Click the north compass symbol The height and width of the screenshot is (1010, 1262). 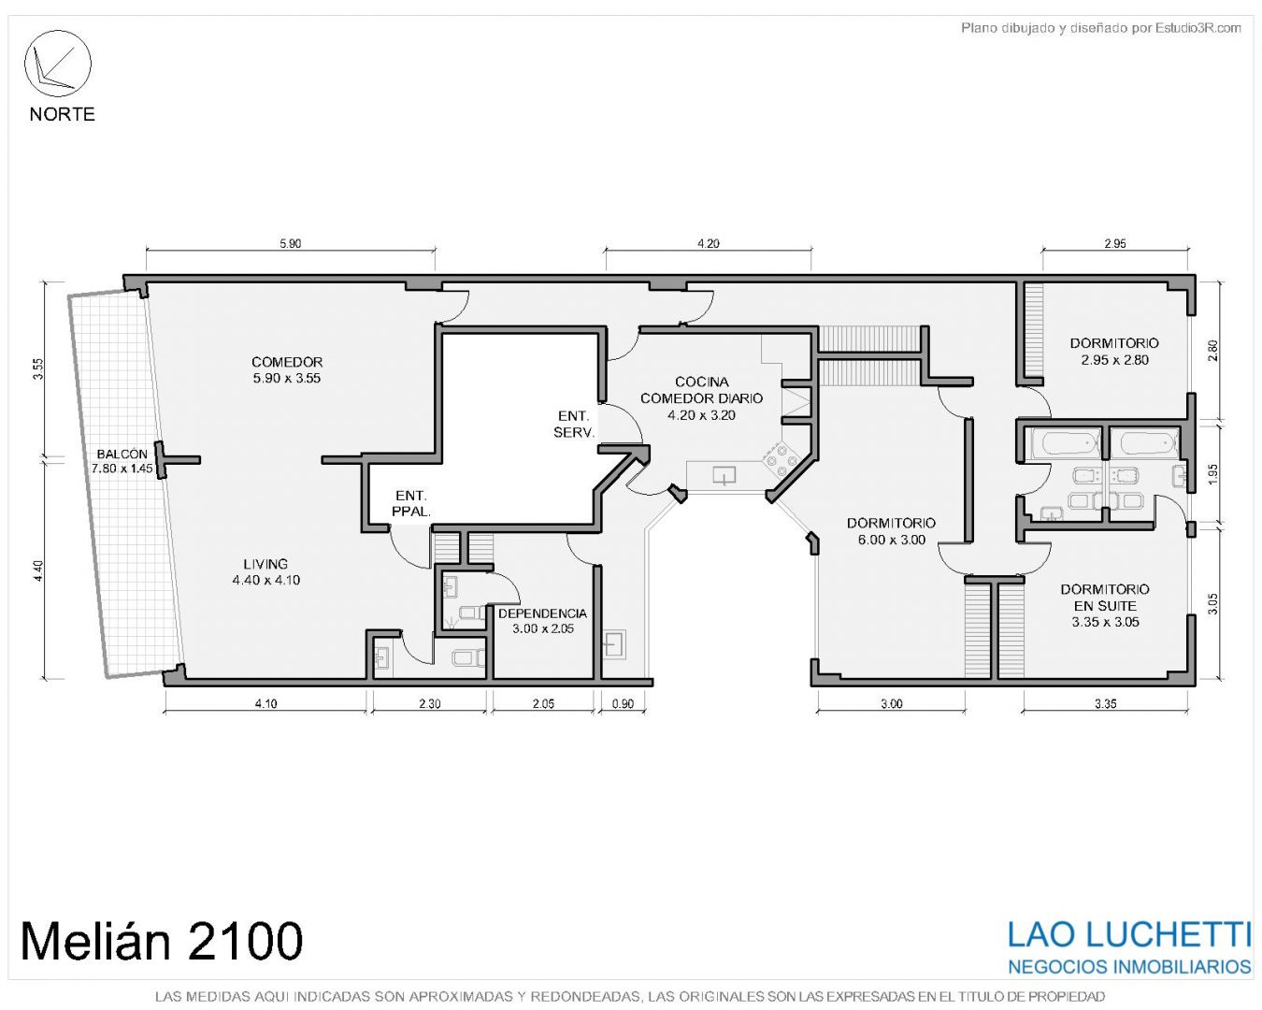tap(57, 64)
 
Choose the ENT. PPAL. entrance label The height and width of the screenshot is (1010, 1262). tap(411, 503)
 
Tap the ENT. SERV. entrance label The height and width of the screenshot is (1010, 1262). tap(574, 425)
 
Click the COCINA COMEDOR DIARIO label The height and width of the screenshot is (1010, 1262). tap(701, 398)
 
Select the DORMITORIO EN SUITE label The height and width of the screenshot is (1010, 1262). tap(1105, 605)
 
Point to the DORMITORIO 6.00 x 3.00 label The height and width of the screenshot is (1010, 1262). tap(892, 530)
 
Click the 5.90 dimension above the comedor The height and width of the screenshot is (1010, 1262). tap(291, 243)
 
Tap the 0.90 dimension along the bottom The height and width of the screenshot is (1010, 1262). tap(623, 703)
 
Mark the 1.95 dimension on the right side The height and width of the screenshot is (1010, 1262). tap(1212, 473)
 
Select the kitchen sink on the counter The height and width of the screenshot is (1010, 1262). tap(724, 475)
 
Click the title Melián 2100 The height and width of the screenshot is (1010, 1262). tap(162, 940)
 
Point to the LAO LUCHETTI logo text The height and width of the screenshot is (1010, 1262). tap(1129, 934)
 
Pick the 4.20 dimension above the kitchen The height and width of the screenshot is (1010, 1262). tap(709, 243)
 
